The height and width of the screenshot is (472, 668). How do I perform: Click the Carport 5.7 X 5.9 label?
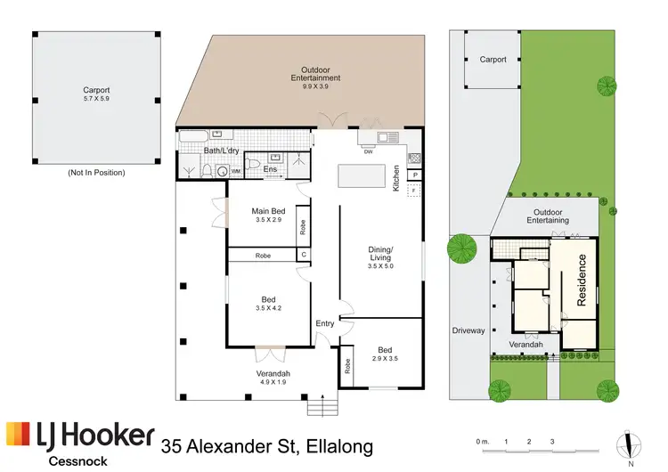coord(95,94)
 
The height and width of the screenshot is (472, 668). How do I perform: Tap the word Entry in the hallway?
coord(324,323)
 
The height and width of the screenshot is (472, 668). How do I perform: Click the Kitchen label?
coord(395,178)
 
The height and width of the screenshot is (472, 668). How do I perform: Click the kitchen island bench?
coord(359,177)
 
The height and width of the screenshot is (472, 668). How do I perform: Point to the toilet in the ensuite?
coord(252,167)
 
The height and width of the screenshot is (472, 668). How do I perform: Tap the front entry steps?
coord(323,408)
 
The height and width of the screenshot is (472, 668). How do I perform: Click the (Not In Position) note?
coord(95,172)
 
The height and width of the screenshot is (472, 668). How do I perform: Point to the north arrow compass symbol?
coord(630,444)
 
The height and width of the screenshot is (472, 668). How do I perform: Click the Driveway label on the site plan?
coord(468,330)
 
